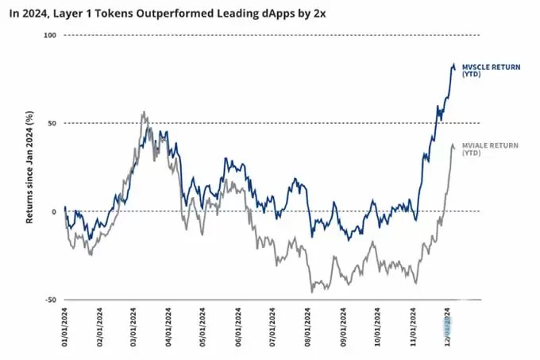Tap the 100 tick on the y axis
coord(50,36)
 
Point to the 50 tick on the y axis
coord(52,123)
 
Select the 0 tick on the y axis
coord(54,211)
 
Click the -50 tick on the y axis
coord(50,300)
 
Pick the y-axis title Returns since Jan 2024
coord(29,168)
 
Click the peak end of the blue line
coord(453,65)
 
